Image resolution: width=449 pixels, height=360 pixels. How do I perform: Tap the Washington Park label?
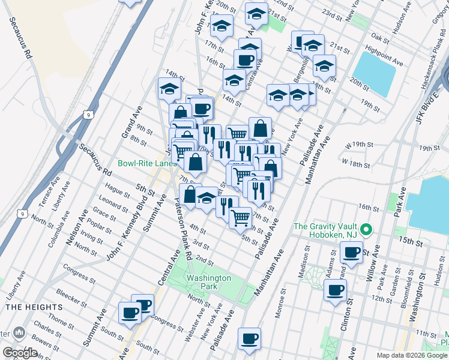click(208, 283)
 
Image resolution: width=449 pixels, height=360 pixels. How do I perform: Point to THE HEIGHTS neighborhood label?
click(22, 307)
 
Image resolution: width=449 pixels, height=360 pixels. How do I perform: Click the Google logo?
click(19, 353)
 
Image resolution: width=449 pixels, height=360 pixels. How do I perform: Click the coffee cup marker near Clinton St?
click(335, 291)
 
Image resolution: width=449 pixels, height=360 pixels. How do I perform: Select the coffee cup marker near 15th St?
click(352, 252)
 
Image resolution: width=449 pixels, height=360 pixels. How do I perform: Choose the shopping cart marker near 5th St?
click(241, 217)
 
